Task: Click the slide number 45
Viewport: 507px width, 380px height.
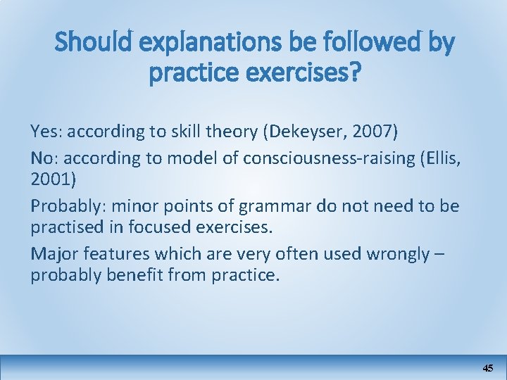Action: pyautogui.click(x=488, y=368)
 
